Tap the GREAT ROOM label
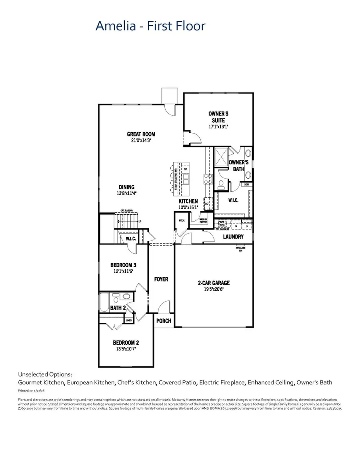tap(141, 134)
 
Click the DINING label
tap(126, 187)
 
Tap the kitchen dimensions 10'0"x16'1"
tap(188, 208)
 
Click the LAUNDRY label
tap(234, 237)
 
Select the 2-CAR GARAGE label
tap(214, 283)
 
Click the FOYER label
tap(161, 279)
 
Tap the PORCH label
tap(164, 321)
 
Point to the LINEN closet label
tap(129, 320)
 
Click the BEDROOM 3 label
tap(124, 265)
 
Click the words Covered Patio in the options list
tap(177, 383)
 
